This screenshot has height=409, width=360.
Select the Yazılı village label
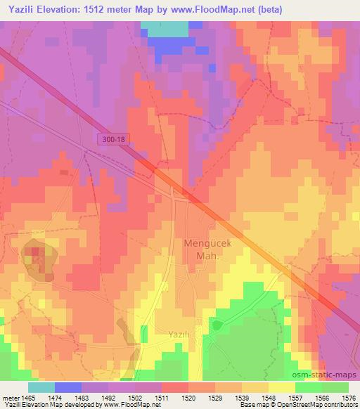[x=180, y=335]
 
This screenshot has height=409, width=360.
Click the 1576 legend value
[x=347, y=397]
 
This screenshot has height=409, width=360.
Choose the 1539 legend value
[x=242, y=397]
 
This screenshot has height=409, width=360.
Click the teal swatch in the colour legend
[x=41, y=387]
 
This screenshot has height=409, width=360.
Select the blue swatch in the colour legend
[x=67, y=387]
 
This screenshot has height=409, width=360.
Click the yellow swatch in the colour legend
[x=282, y=387]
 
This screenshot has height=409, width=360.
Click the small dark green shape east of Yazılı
[x=218, y=325]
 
